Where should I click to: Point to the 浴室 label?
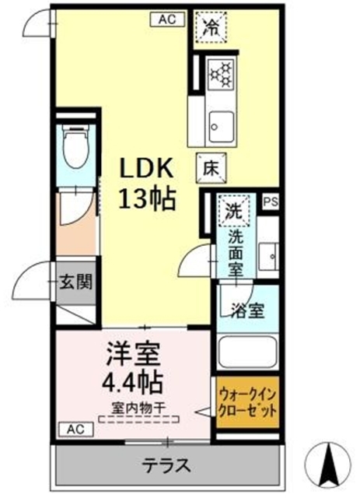(x=246, y=309)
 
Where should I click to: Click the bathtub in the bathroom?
(x=247, y=352)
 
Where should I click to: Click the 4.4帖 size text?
(x=132, y=384)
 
